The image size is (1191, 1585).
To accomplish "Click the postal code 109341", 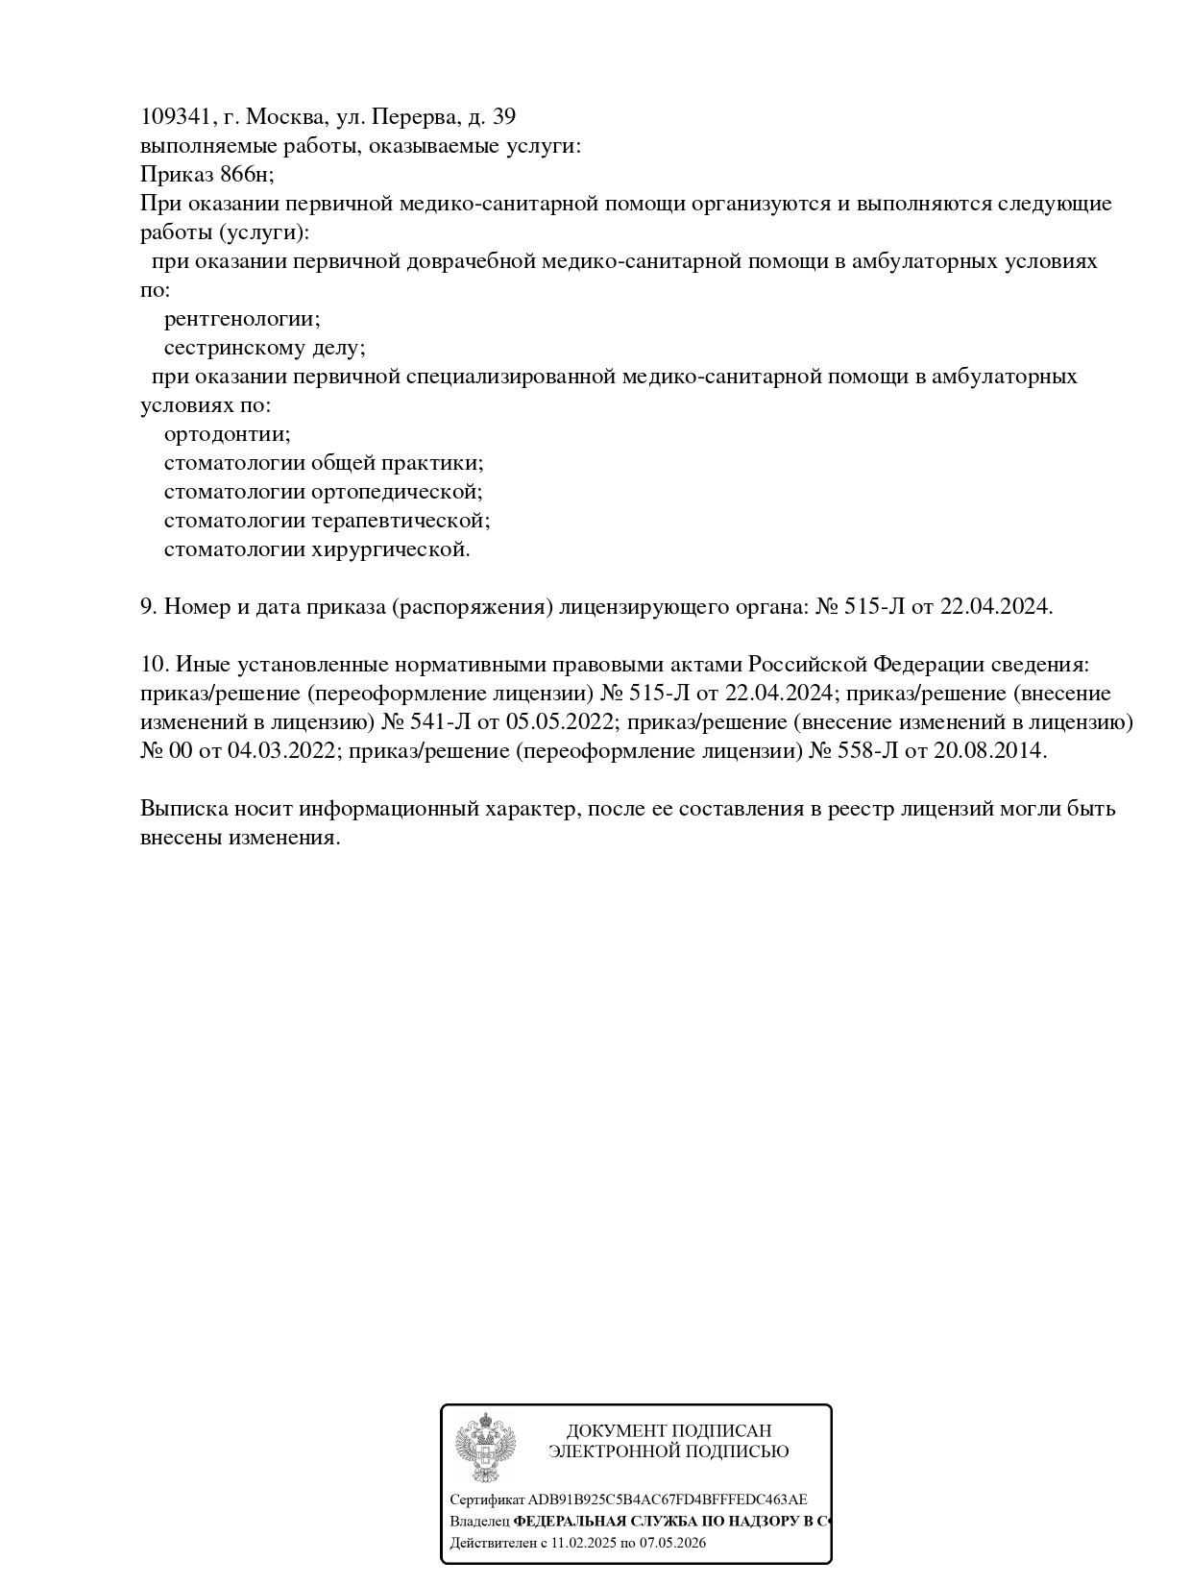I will pyautogui.click(x=175, y=117).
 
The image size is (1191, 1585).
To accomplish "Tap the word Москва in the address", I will pyautogui.click(x=284, y=117).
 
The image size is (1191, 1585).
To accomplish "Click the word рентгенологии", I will pyautogui.click(x=242, y=319).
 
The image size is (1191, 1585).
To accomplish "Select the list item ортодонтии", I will pyautogui.click(x=227, y=434).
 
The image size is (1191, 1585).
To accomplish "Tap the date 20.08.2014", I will pyautogui.click(x=989, y=751).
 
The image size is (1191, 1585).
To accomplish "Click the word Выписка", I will pyautogui.click(x=183, y=809).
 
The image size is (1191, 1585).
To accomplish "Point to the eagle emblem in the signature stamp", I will pyautogui.click(x=485, y=1447).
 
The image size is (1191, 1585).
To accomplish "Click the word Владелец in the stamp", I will pyautogui.click(x=479, y=1522).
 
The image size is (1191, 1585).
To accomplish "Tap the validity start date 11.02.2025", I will pyautogui.click(x=583, y=1544).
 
